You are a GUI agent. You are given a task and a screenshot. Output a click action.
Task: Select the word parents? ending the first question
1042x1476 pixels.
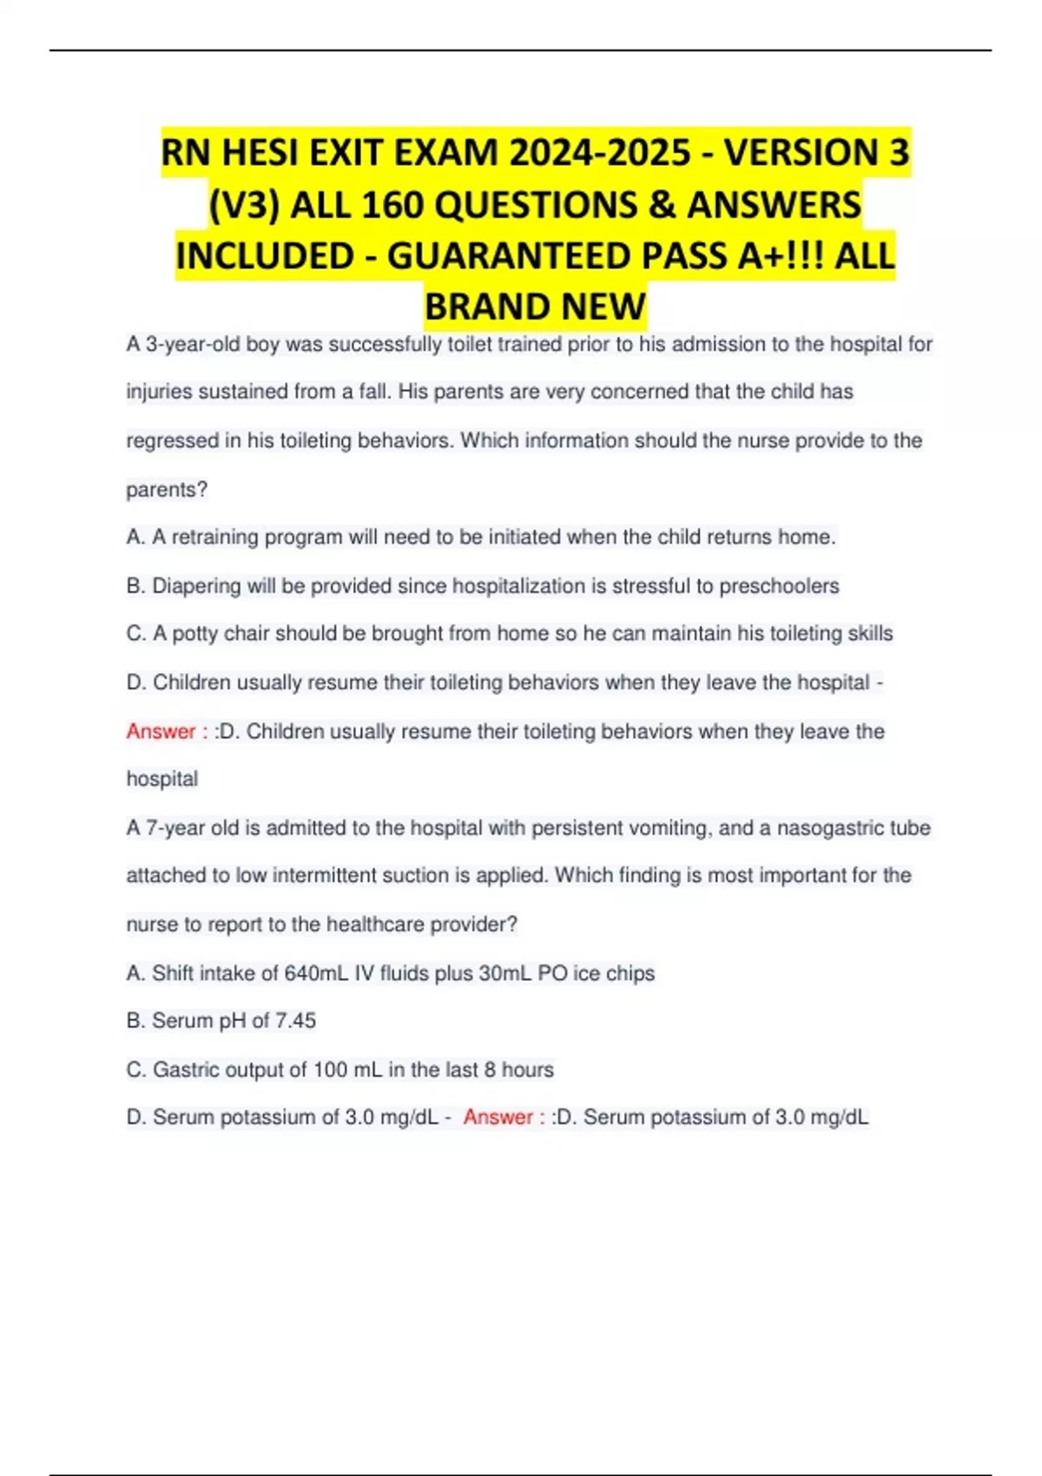[167, 490]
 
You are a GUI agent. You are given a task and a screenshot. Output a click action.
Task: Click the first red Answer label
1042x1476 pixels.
[162, 732]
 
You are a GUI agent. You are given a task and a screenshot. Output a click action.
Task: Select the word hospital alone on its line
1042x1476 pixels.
[162, 779]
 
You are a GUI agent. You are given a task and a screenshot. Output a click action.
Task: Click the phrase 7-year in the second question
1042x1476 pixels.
[175, 828]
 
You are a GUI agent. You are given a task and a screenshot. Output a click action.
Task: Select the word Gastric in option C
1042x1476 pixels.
[186, 1070]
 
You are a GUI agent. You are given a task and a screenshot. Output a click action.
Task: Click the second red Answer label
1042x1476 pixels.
[498, 1117]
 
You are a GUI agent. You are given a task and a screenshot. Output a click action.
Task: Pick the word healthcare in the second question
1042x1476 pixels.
[373, 925]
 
